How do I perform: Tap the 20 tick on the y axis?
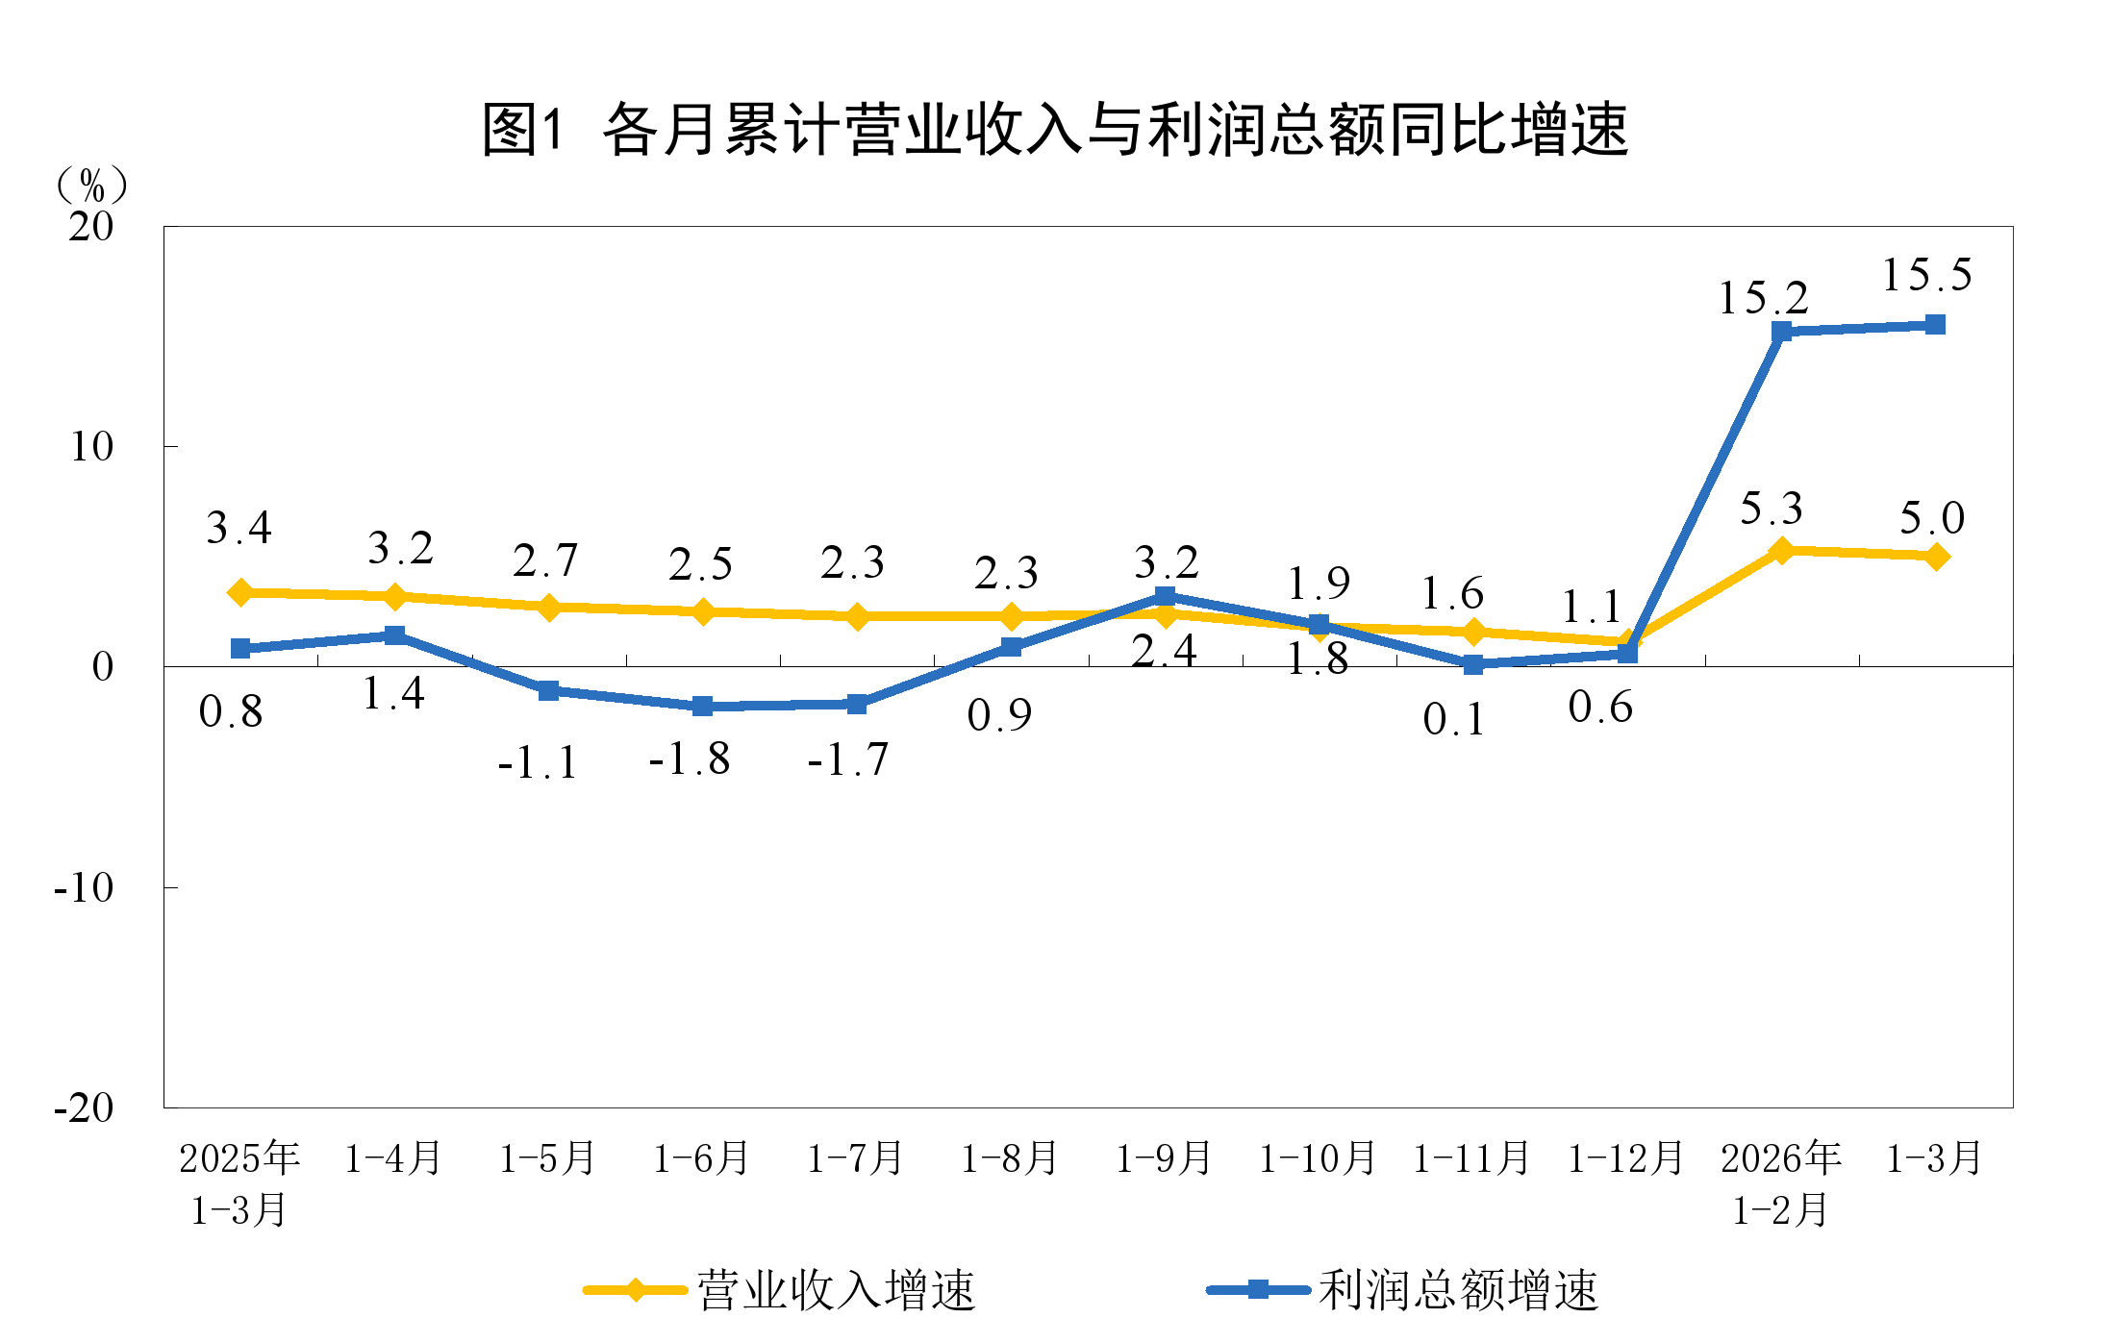point(90,227)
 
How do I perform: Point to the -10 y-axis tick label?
point(84,887)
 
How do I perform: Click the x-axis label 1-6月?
point(701,1158)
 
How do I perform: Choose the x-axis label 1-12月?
point(1625,1158)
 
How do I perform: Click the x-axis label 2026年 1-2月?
point(1780,1183)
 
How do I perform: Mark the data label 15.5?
point(1926,276)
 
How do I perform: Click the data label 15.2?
point(1763,298)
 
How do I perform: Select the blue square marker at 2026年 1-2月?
point(1781,332)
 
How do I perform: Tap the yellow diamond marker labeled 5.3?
point(1781,551)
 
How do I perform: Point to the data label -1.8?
point(690,759)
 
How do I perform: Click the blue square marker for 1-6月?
point(702,706)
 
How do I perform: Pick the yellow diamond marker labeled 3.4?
point(240,592)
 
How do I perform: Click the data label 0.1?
point(1454,720)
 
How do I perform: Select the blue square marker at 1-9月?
point(1165,596)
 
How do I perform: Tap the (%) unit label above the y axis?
point(92,184)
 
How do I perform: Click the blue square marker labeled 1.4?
point(394,635)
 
